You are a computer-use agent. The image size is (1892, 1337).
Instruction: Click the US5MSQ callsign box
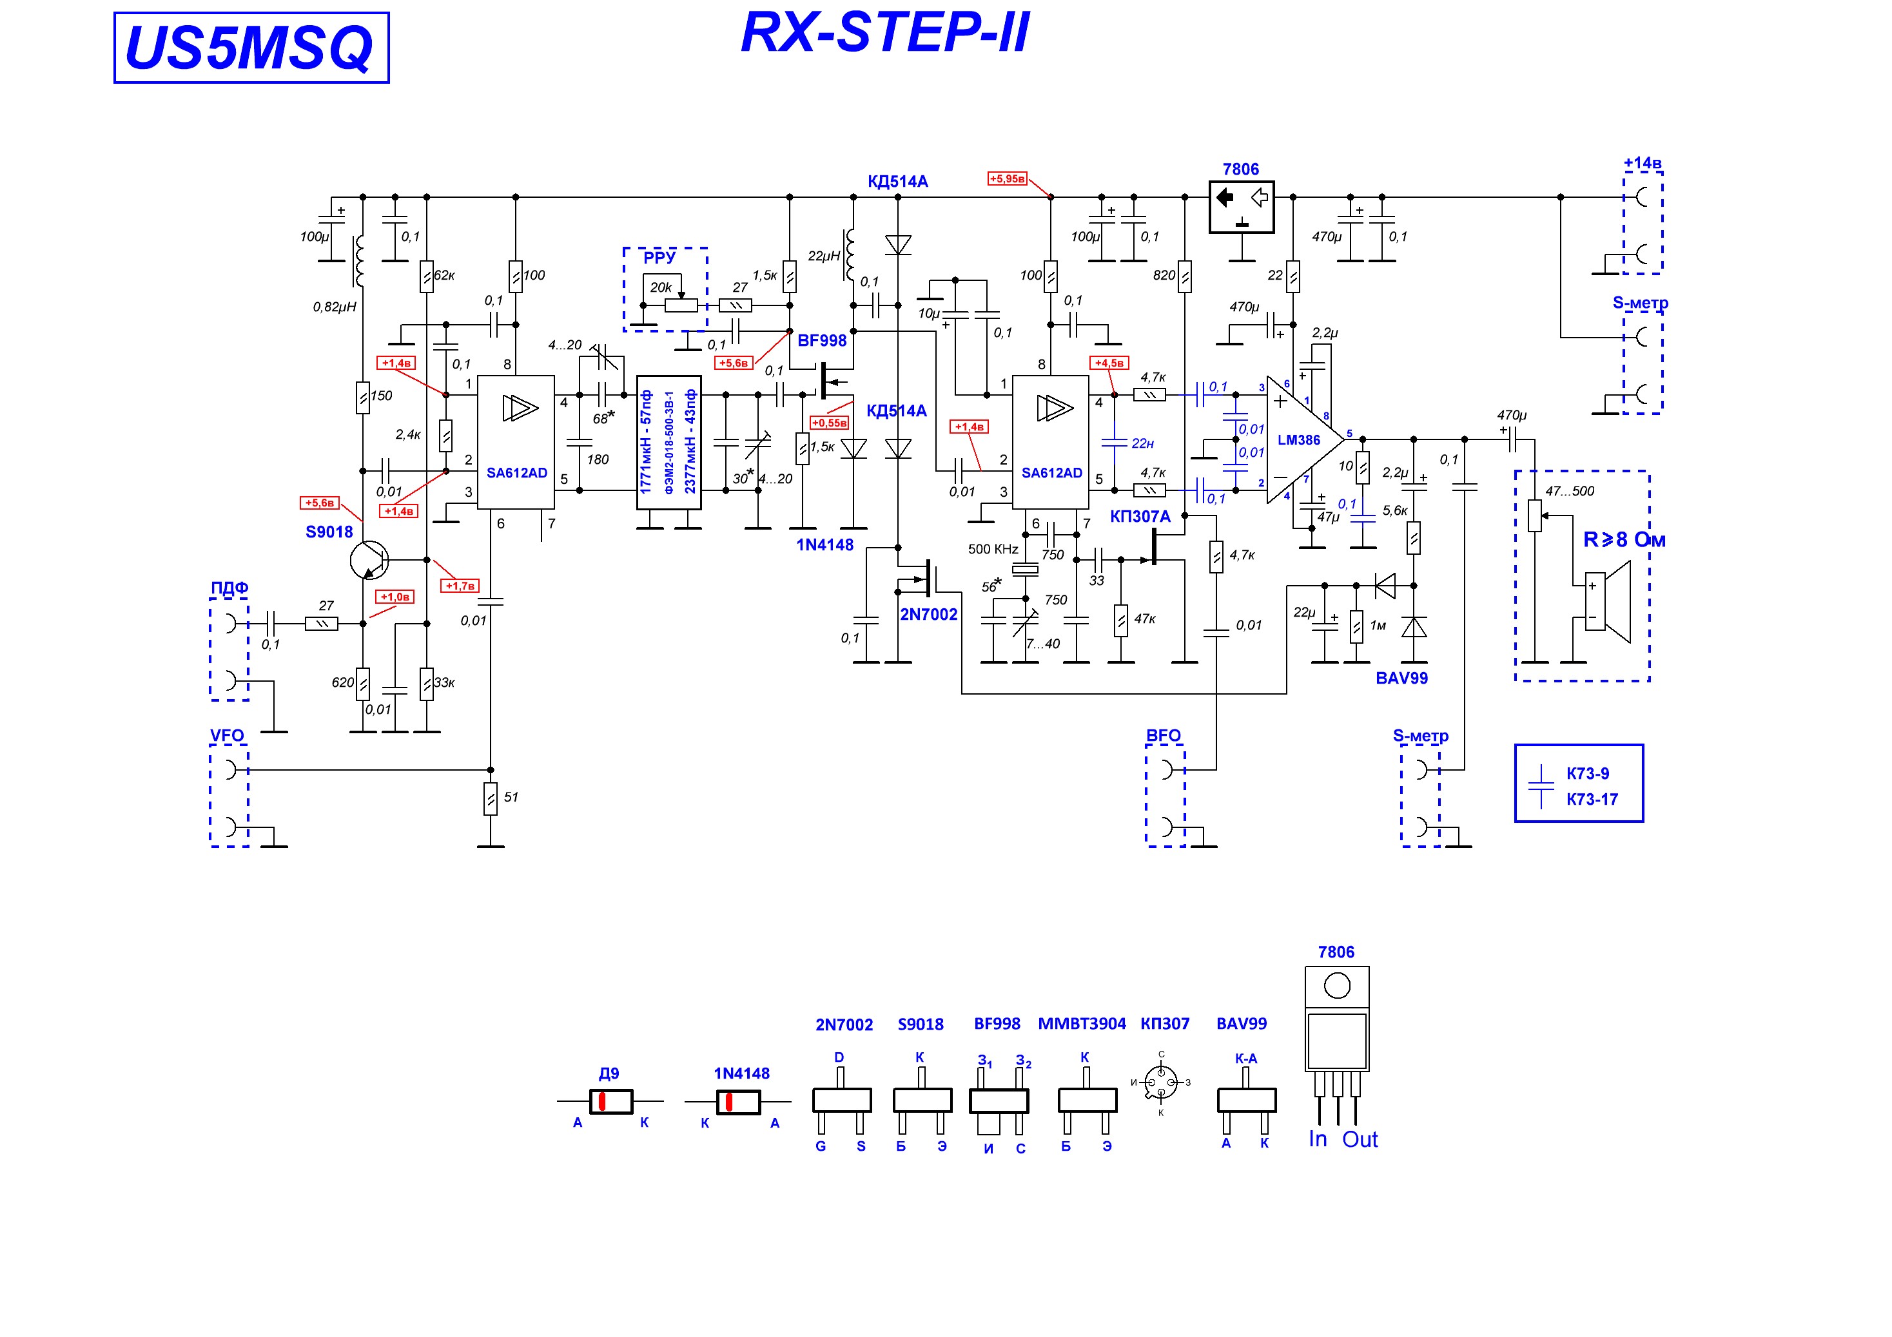click(x=251, y=48)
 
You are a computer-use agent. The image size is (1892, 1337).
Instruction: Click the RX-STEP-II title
click(x=885, y=33)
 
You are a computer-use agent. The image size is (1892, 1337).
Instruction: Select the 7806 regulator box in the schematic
click(x=1241, y=207)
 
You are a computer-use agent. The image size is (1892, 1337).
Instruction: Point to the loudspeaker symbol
click(x=1608, y=601)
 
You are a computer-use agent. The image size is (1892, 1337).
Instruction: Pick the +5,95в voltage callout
click(x=1007, y=178)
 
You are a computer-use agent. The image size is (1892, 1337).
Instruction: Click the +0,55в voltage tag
click(x=829, y=423)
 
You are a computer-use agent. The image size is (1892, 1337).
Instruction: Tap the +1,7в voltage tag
click(x=460, y=586)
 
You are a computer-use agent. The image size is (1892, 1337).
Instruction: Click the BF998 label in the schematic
click(x=821, y=340)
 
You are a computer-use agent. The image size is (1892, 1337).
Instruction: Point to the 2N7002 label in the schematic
click(x=929, y=613)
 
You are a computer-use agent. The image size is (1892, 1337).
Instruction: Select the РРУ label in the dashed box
click(x=659, y=257)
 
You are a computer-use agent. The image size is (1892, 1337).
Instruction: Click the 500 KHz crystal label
click(x=993, y=550)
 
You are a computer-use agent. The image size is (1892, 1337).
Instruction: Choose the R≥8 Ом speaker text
click(x=1624, y=539)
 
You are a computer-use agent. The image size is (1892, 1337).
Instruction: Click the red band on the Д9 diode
click(x=602, y=1101)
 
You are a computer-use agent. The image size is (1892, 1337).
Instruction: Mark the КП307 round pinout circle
click(x=1161, y=1082)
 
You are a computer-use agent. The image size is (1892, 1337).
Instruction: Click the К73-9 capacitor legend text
click(x=1587, y=774)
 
